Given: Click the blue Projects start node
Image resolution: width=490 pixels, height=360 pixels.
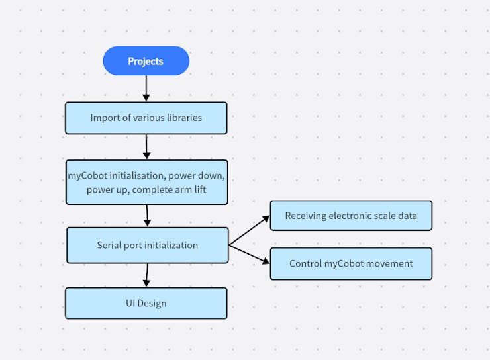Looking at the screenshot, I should pos(146,61).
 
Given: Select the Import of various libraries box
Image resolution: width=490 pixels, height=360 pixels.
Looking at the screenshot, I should pos(146,118).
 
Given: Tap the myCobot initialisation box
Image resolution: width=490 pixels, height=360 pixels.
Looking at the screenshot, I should pos(146,182).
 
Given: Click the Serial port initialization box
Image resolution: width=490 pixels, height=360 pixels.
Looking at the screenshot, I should pos(147,245).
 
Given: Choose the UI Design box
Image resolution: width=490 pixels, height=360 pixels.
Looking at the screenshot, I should pos(146,303).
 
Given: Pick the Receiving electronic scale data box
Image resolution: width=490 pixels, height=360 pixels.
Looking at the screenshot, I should pos(350,216).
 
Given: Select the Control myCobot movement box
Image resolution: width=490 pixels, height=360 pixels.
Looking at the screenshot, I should pos(350,263).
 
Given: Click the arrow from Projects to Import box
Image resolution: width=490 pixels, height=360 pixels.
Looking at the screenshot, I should pos(146,88).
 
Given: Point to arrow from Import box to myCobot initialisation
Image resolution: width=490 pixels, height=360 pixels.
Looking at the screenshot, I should pos(146,146).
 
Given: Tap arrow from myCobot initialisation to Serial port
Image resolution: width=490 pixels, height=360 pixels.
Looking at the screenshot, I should pos(147,216).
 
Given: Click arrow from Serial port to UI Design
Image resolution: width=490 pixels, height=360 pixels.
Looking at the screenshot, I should pos(146,275).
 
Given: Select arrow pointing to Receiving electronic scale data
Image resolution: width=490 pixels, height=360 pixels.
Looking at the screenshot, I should pos(249,231).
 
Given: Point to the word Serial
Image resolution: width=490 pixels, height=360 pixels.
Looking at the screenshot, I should pos(111,245).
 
